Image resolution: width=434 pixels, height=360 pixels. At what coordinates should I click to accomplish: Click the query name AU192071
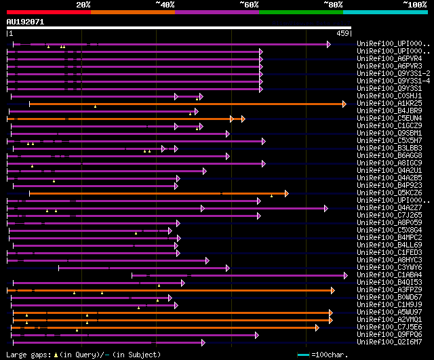pos(25,22)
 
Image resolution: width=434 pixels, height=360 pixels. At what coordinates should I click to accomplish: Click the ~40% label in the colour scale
pos(165,5)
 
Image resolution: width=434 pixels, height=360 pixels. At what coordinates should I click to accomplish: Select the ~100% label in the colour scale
pos(415,5)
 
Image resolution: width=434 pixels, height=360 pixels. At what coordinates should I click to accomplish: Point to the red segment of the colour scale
pos(48,12)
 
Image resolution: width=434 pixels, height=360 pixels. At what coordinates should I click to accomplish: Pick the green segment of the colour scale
pos(300,12)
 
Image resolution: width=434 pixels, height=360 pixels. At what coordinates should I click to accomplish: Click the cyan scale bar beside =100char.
pos(303,355)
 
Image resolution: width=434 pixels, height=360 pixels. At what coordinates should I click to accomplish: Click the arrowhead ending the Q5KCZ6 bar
pos(286,193)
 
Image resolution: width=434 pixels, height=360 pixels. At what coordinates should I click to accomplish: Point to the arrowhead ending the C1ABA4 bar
pos(346,275)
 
